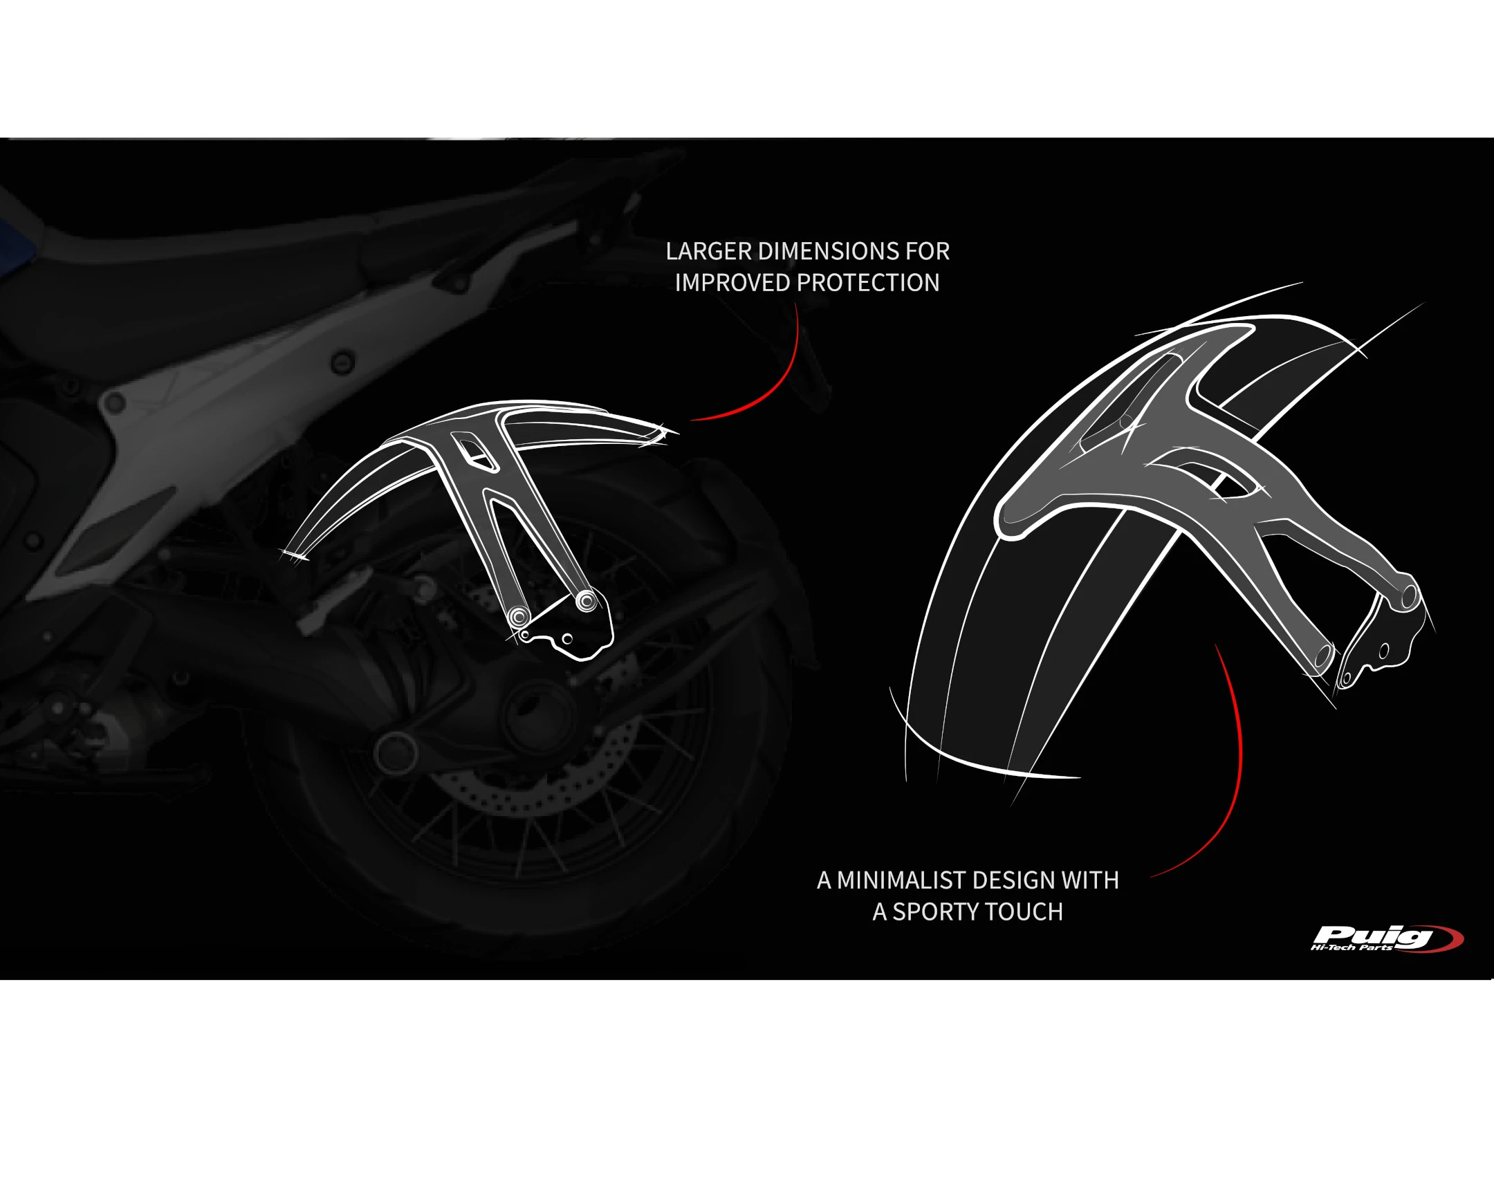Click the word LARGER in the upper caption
coord(708,252)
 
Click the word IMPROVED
coord(732,284)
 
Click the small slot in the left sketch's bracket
coord(475,451)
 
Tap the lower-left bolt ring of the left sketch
coord(518,617)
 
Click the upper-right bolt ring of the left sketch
coord(587,601)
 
